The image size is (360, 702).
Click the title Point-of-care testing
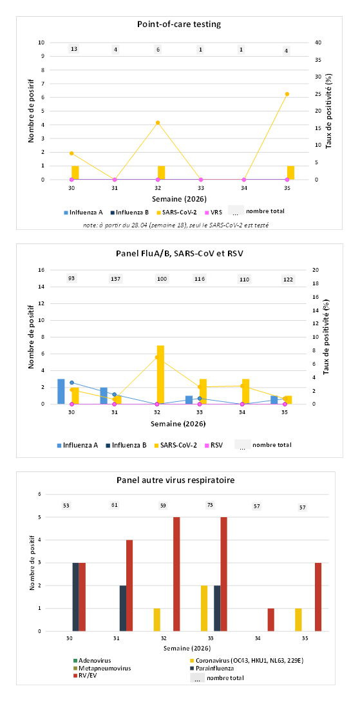coord(179,24)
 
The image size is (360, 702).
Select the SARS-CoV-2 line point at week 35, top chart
coord(287,94)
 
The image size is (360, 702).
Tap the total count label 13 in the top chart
coord(74,49)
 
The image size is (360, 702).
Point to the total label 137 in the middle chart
coord(114,280)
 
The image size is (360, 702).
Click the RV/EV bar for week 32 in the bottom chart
coord(176,574)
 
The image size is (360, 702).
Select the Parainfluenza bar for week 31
coord(123,609)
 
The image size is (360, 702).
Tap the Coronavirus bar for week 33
coord(204,609)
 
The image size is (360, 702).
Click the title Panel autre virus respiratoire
coord(179,480)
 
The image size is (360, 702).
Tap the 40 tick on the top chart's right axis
coord(317,43)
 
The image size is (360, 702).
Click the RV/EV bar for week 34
coord(271,620)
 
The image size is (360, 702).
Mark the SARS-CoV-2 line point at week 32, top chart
coord(158,122)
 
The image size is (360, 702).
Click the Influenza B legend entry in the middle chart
coord(130,446)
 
